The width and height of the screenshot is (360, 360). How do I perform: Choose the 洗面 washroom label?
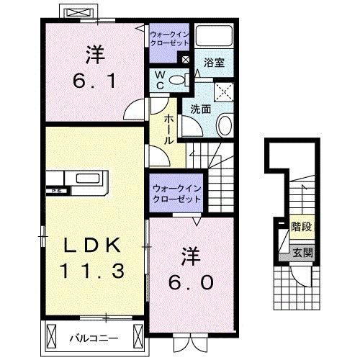(201, 109)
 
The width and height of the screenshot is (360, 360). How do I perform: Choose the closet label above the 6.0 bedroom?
(176, 193)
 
